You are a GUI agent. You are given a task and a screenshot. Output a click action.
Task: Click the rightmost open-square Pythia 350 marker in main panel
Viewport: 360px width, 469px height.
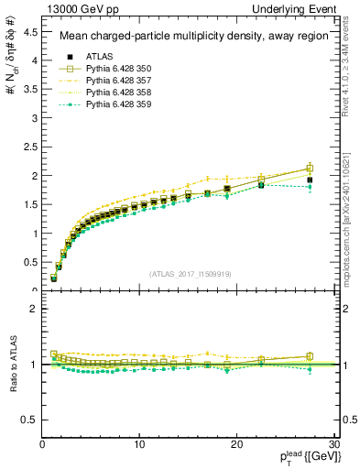pos(310,168)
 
